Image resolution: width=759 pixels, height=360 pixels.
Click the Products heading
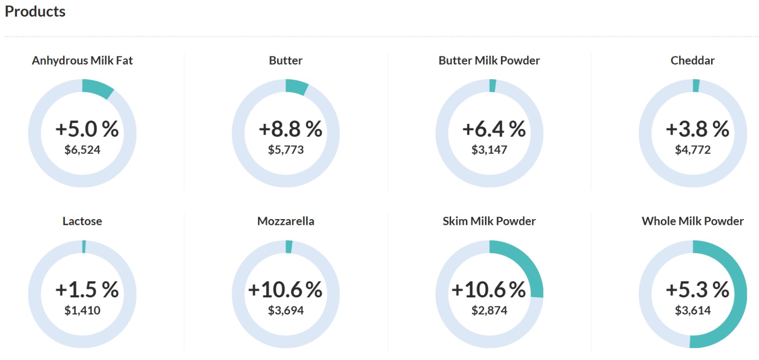pos(35,11)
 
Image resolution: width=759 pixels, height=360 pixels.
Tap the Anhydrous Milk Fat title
pos(82,61)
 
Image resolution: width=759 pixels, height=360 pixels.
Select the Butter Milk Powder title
pos(489,61)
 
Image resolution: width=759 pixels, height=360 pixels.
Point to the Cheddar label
pos(692,61)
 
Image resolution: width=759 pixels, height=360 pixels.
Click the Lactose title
pos(82,221)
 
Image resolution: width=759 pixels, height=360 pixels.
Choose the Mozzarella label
pos(286,221)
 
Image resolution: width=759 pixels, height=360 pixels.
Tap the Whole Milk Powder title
pos(692,221)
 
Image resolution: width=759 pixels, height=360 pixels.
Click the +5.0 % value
pos(87,129)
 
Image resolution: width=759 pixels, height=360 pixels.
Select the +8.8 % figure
pos(290,129)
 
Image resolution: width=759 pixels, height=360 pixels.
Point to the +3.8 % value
pos(697,129)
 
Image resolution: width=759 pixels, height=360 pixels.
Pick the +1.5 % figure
pos(87,290)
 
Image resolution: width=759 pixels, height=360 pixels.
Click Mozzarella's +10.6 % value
pos(285,290)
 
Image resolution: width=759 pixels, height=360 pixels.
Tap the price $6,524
pos(82,150)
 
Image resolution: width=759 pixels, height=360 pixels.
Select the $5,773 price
pos(286,150)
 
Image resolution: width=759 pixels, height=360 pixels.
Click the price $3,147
pos(489,150)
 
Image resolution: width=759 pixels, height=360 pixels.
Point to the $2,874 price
pos(489,311)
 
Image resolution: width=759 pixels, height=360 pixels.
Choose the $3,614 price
pos(693,311)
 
